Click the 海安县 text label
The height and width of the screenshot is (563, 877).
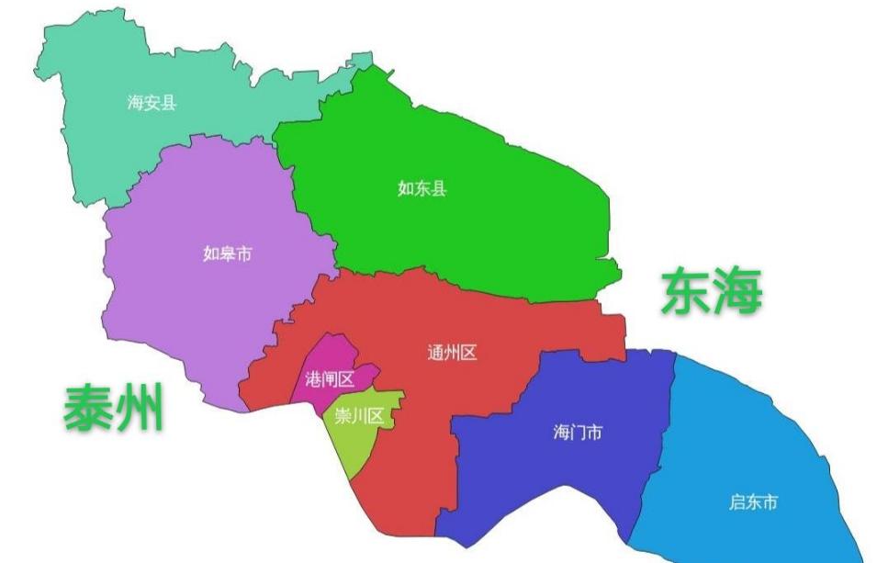coord(152,102)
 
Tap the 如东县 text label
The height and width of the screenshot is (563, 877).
coord(422,189)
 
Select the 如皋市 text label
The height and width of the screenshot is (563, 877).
coord(227,253)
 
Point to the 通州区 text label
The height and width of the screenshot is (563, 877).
coord(452,353)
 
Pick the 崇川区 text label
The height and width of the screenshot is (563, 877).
coord(359,416)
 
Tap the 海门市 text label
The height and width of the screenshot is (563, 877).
coord(578,432)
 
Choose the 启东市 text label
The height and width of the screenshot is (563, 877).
coord(753,501)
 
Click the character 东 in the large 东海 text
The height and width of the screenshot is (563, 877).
coord(686,292)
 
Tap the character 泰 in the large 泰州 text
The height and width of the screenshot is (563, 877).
coord(88,408)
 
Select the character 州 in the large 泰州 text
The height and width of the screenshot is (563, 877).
coord(139,408)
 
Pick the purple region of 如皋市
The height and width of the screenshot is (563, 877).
coord(184,303)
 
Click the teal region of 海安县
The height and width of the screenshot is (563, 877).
coord(101,138)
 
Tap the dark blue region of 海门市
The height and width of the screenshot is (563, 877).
coord(551,478)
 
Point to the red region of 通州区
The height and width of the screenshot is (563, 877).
coord(514,312)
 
